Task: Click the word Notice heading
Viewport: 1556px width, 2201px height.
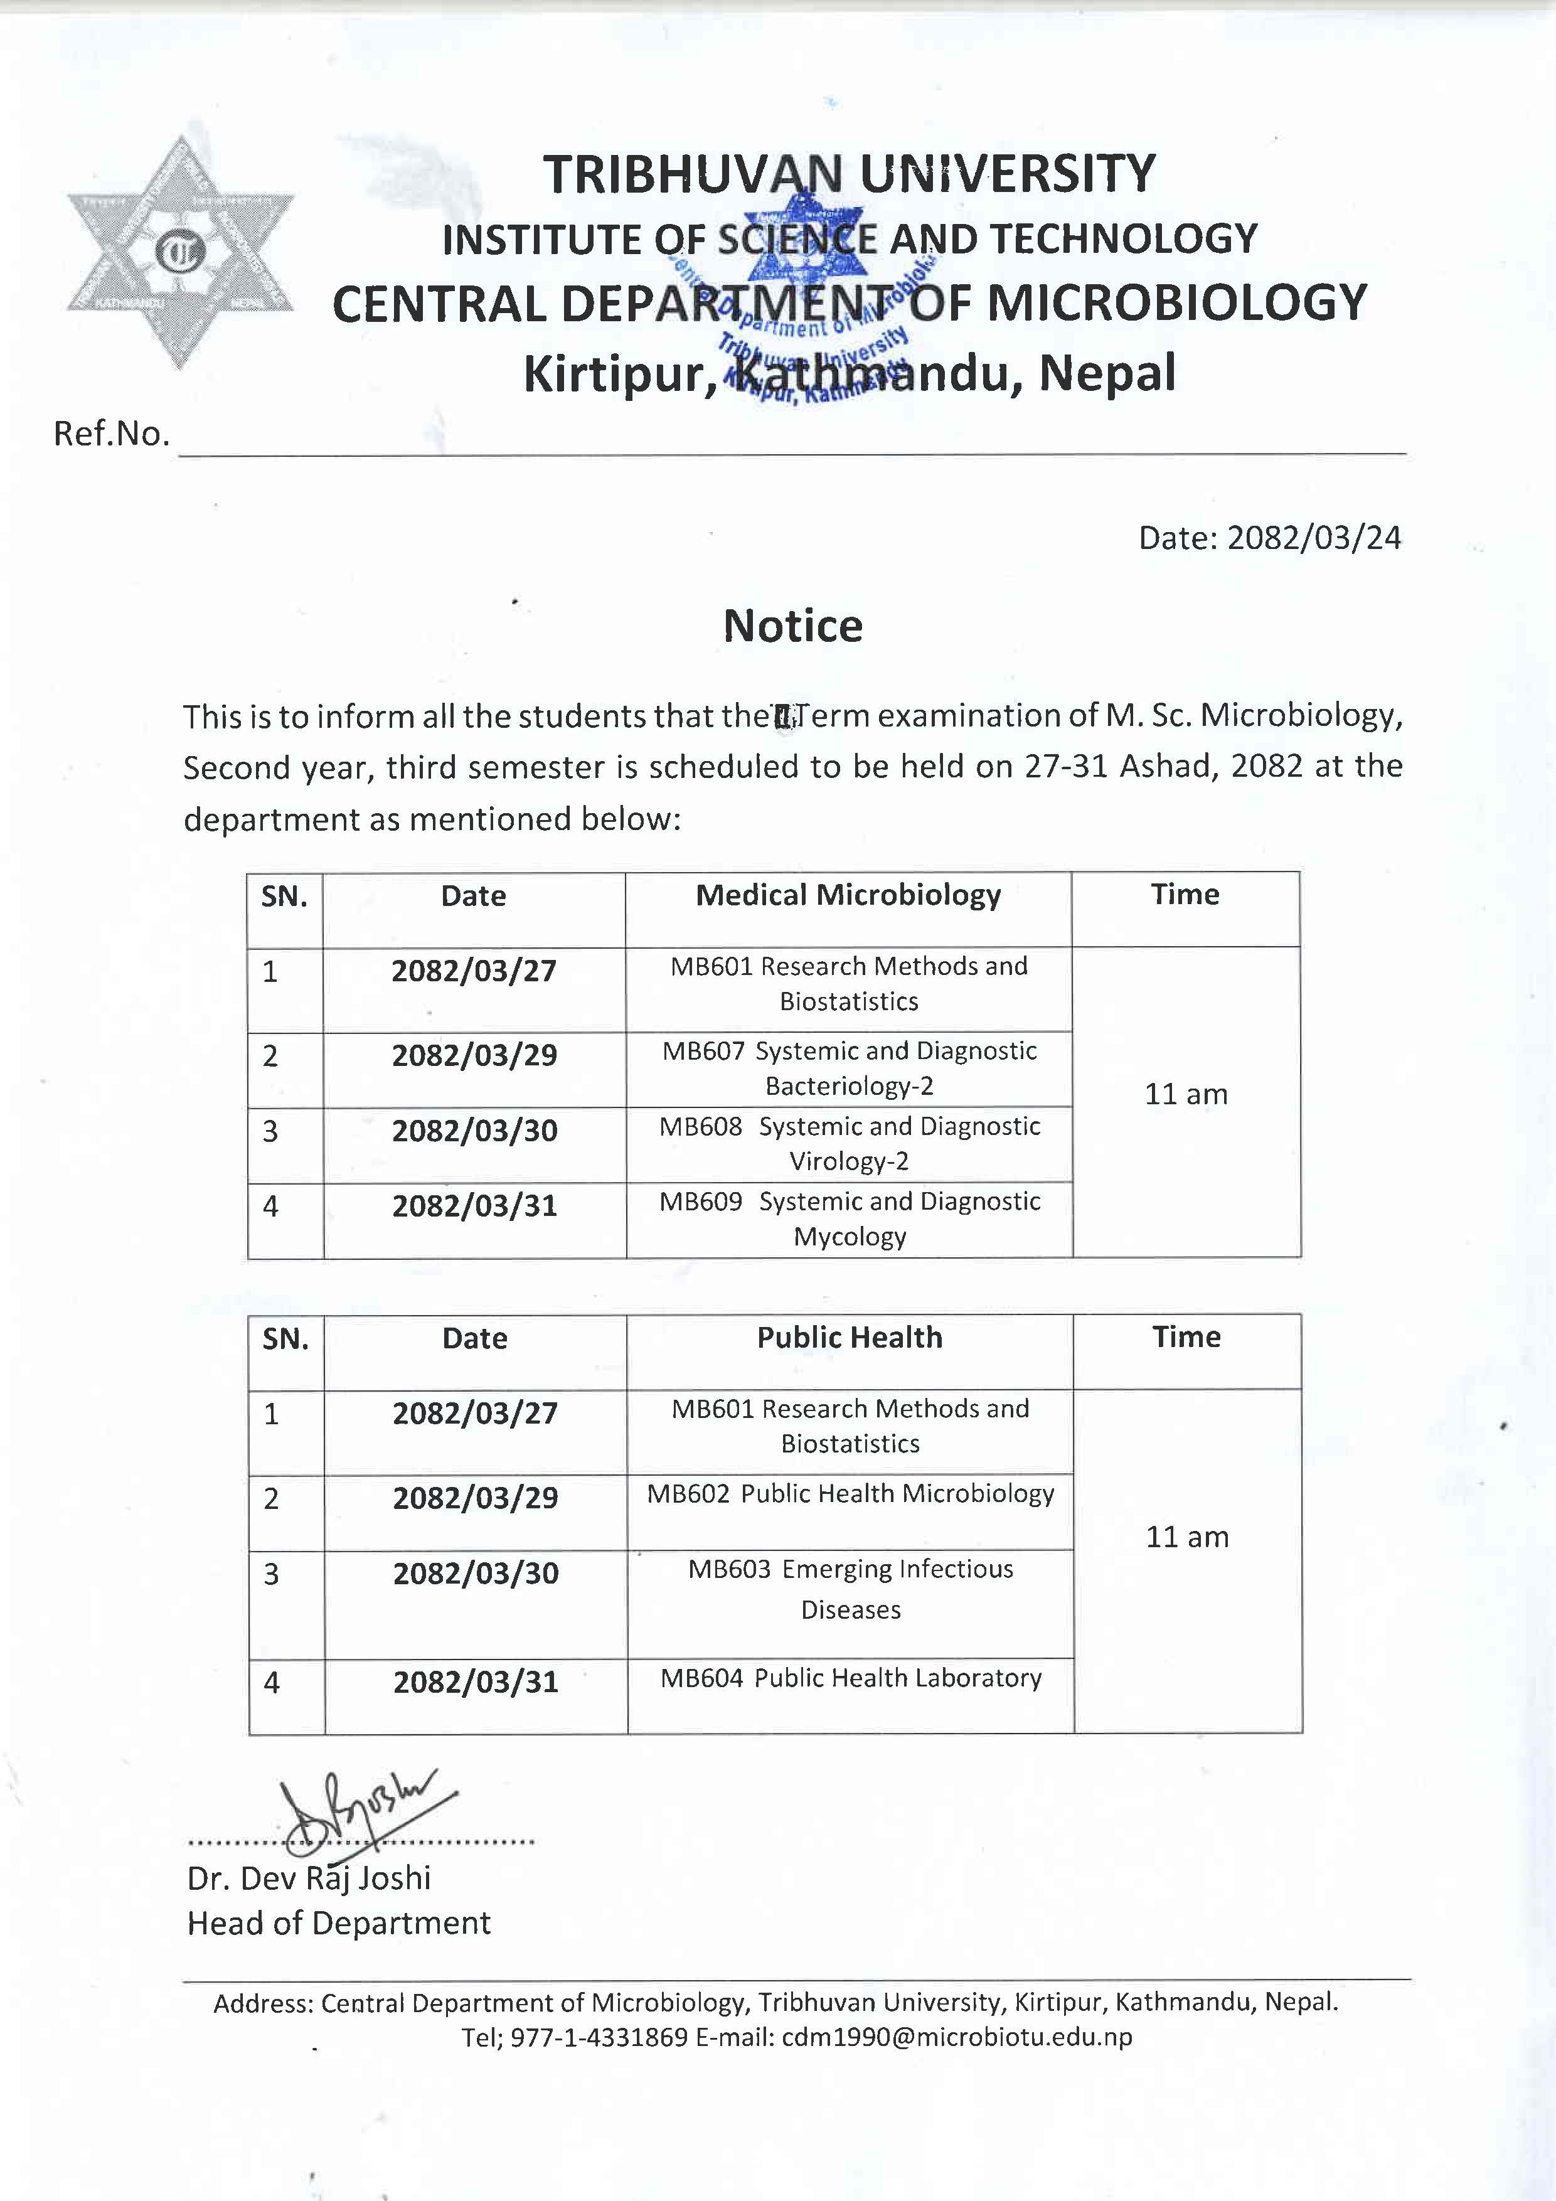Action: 793,626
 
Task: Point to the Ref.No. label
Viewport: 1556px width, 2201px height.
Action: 111,434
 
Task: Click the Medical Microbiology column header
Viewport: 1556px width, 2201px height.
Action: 848,895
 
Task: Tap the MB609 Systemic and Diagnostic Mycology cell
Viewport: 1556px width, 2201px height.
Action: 850,1218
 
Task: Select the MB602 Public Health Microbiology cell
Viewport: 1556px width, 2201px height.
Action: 850,1493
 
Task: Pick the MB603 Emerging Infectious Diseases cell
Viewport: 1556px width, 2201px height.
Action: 850,1589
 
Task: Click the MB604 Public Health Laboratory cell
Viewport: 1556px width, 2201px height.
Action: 850,1678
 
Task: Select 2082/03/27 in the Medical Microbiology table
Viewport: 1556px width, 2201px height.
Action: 474,971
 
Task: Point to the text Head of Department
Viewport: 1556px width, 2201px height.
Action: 338,1923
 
